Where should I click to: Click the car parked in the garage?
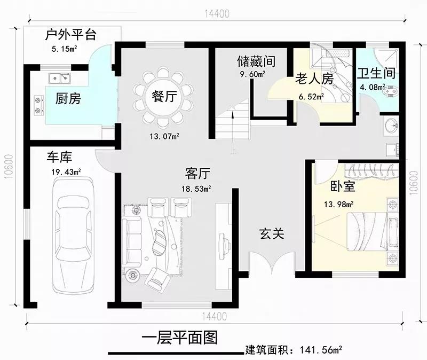tap(74, 236)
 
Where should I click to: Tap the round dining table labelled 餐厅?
tap(164, 97)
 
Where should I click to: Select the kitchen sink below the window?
tap(59, 78)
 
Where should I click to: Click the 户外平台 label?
tap(71, 35)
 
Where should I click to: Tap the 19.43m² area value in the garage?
tap(66, 172)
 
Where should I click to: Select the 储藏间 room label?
tap(256, 61)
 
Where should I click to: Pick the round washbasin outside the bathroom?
tap(392, 126)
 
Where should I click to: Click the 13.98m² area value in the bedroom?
tap(339, 204)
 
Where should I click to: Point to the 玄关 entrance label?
tap(272, 234)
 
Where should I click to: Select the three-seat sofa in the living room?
tap(132, 241)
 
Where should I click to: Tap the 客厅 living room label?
tap(197, 173)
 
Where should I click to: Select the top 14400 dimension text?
tap(217, 14)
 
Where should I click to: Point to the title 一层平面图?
tap(179, 338)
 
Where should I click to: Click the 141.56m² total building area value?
tap(321, 350)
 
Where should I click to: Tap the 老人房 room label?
tap(314, 79)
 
